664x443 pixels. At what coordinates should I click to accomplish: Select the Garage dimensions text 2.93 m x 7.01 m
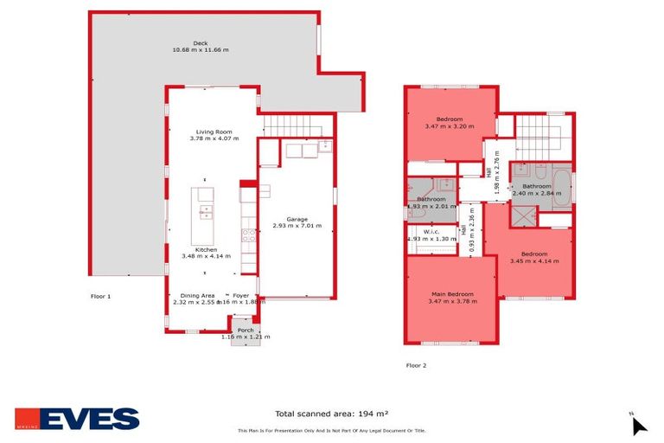click(x=297, y=226)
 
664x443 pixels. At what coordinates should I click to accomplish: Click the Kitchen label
click(x=205, y=249)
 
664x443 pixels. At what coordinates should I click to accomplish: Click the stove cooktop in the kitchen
click(x=248, y=233)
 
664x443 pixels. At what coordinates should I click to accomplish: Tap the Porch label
click(x=245, y=330)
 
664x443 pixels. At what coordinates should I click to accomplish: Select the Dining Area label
click(x=198, y=295)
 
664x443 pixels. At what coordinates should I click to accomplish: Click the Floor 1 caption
click(x=101, y=296)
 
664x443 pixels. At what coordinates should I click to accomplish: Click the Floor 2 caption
click(x=417, y=365)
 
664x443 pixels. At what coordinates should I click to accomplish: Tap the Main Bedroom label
click(x=451, y=295)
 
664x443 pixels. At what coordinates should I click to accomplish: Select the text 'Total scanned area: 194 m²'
click(x=332, y=414)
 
